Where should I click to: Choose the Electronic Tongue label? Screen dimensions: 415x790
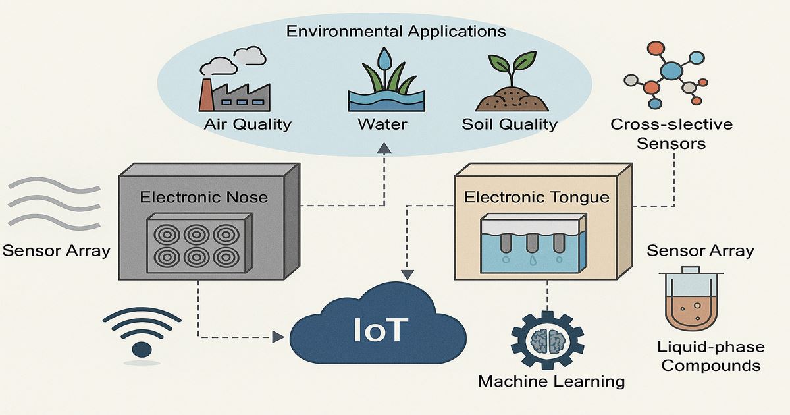537,196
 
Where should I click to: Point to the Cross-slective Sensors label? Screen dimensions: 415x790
671,133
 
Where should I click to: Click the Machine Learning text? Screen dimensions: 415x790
551,381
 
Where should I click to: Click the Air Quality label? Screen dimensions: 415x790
248,124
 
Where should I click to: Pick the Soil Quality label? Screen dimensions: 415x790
510,124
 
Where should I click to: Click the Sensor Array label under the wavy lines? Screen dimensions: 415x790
56,250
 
